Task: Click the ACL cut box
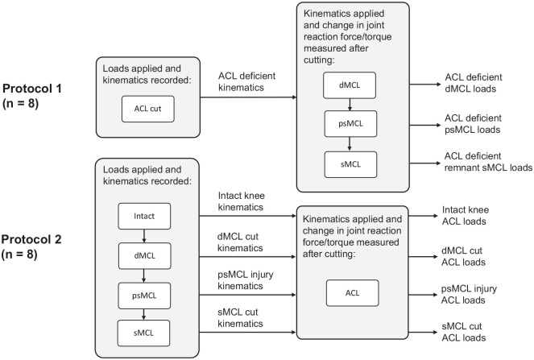click(148, 109)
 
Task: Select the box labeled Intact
click(144, 217)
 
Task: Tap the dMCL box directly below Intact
click(144, 256)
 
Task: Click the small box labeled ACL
click(352, 293)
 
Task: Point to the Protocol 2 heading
click(31, 246)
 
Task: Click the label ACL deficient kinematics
click(246, 81)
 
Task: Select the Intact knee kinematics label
click(241, 201)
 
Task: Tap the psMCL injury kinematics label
click(245, 280)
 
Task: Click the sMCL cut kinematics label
click(240, 318)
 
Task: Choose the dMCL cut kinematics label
click(240, 242)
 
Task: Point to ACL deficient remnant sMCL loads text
click(488, 162)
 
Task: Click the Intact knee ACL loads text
click(466, 216)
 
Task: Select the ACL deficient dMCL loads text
click(474, 83)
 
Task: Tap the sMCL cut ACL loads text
click(463, 332)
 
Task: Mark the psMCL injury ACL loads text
click(469, 294)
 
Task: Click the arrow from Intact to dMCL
click(144, 236)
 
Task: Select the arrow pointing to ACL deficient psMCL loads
click(425, 126)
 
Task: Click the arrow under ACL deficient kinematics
click(248, 97)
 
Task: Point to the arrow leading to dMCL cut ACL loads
click(423, 257)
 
